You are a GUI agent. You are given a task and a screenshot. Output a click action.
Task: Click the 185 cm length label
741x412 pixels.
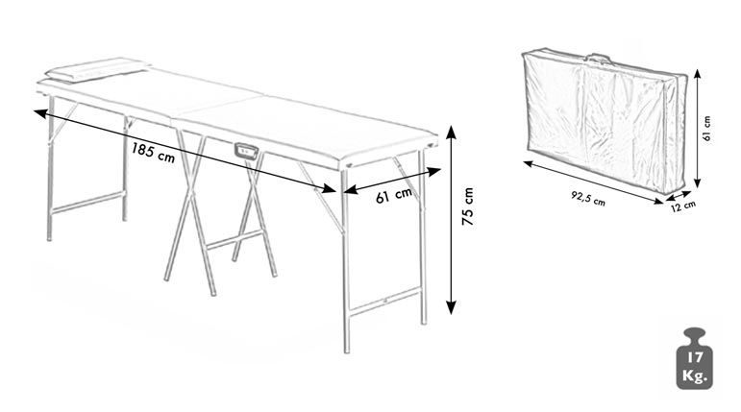click(153, 152)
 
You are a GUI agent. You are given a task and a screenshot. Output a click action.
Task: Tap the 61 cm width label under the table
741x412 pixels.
click(394, 194)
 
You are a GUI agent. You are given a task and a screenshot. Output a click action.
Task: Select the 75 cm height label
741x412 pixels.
click(468, 206)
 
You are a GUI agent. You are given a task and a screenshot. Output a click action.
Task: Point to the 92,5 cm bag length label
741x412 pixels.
click(588, 199)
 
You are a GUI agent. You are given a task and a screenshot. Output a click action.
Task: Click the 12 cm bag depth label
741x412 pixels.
click(683, 206)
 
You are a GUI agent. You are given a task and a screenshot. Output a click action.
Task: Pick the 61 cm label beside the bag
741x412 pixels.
click(707, 129)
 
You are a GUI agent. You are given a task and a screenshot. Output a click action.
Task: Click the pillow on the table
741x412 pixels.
click(98, 69)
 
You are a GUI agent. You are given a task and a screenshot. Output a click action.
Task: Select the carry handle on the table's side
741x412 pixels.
click(246, 150)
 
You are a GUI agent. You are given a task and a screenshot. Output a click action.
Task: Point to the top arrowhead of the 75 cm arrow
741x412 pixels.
click(452, 132)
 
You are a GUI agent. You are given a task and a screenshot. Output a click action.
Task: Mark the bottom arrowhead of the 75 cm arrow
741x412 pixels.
click(452, 307)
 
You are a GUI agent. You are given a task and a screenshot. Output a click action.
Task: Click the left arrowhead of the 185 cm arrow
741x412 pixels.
click(40, 113)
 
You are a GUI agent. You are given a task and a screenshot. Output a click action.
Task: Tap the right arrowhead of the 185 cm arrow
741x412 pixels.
click(329, 189)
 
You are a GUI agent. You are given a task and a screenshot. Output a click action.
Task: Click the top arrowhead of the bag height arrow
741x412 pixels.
click(697, 74)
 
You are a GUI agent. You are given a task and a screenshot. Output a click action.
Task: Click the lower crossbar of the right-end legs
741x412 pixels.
click(384, 300)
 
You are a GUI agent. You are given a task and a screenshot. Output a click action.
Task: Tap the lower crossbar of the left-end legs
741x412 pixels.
click(87, 202)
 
